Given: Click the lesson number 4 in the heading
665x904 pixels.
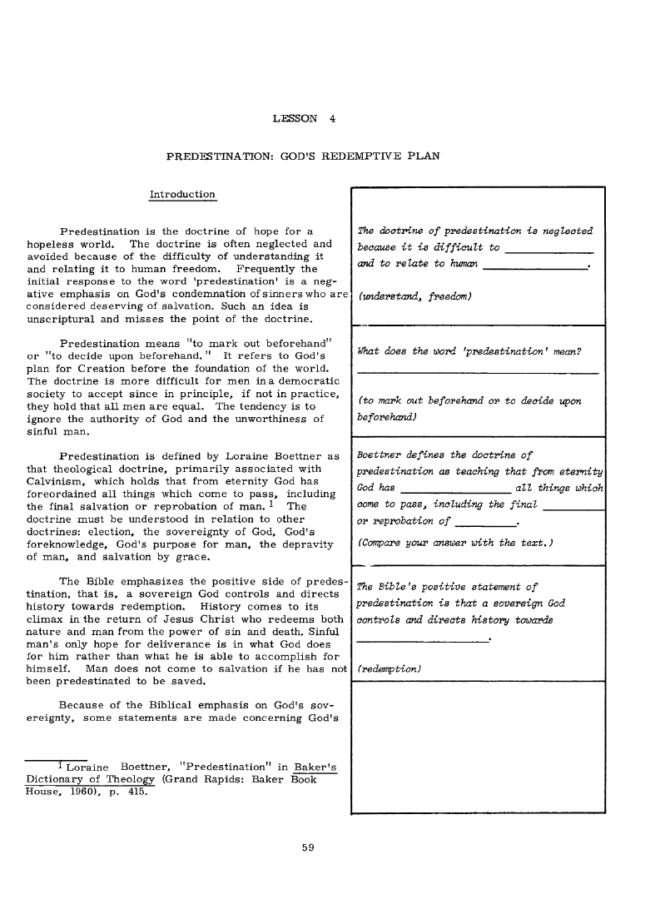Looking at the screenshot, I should (x=332, y=118).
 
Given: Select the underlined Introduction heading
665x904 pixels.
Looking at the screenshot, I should (x=181, y=195).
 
